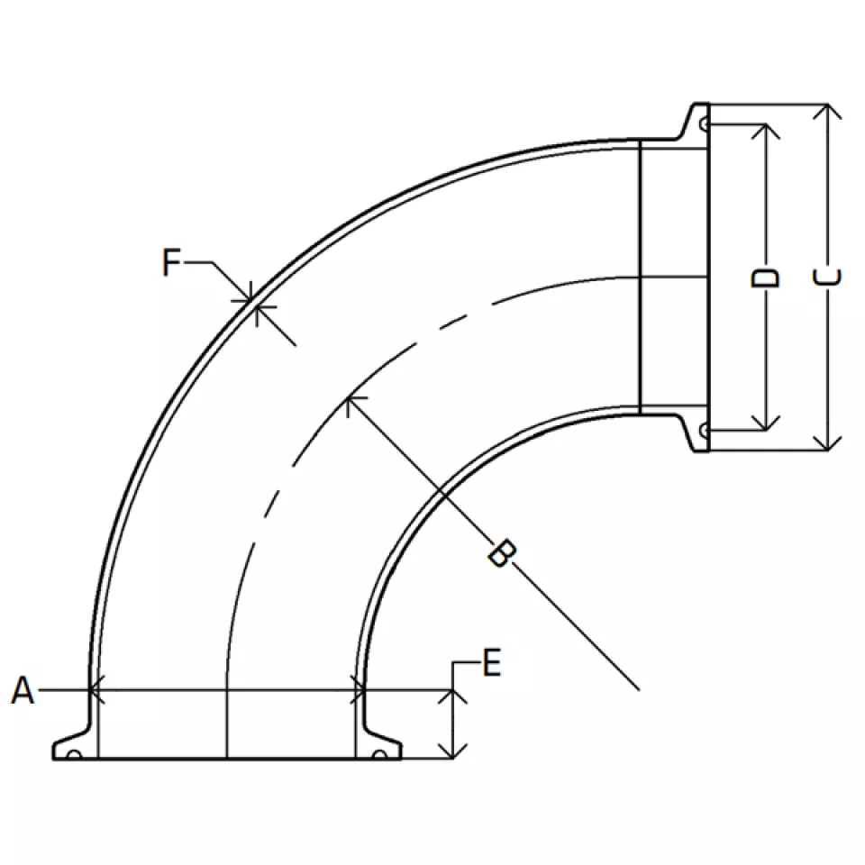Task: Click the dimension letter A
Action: pyautogui.click(x=23, y=690)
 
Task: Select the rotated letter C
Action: pyautogui.click(x=828, y=277)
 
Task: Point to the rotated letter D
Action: pyautogui.click(x=765, y=278)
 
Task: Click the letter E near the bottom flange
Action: pyautogui.click(x=492, y=662)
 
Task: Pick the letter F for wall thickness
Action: pyautogui.click(x=171, y=262)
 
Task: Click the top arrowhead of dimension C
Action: pyautogui.click(x=827, y=111)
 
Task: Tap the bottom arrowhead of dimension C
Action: pyautogui.click(x=827, y=443)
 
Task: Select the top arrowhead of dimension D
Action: pyautogui.click(x=766, y=132)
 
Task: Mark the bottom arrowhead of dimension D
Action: pyautogui.click(x=766, y=423)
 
